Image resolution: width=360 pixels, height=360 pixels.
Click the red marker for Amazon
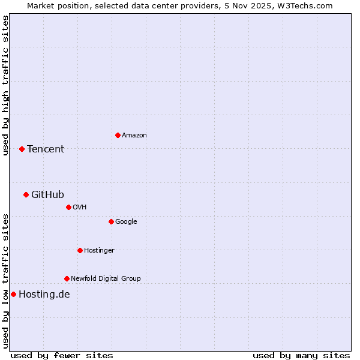[118, 135]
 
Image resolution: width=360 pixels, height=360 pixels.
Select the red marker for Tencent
[22, 149]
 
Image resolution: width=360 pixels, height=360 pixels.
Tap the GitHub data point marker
[26, 194]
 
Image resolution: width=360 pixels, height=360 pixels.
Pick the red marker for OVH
[68, 207]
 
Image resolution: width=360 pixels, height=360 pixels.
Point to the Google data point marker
[111, 221]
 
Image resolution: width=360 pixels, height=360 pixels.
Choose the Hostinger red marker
[80, 250]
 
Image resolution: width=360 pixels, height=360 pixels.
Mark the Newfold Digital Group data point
[67, 278]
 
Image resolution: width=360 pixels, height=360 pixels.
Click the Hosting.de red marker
[13, 294]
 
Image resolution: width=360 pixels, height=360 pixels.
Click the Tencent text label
[46, 149]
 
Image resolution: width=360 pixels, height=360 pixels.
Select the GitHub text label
[47, 194]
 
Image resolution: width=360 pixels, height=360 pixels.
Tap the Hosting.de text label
[44, 295]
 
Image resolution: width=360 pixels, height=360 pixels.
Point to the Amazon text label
[134, 136]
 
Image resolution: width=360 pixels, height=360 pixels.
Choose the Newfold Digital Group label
[106, 278]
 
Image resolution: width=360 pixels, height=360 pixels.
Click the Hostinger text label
[99, 250]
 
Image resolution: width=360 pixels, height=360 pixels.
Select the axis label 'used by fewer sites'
[62, 355]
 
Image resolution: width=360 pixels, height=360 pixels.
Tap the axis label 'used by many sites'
[301, 355]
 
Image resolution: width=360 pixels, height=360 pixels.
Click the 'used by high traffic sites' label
[5, 85]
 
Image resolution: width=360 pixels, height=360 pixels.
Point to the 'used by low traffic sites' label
[5, 281]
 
